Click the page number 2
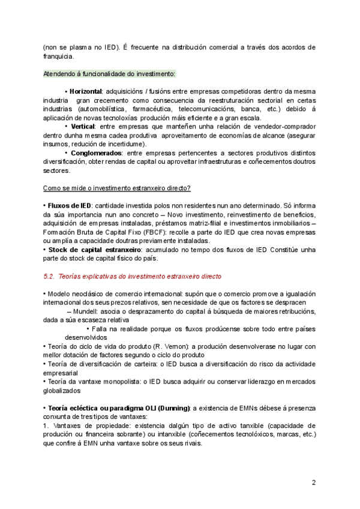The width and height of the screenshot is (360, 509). click(314, 482)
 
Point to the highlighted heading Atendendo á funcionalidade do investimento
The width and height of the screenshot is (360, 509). click(109, 74)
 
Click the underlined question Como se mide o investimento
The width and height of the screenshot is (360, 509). click(117, 188)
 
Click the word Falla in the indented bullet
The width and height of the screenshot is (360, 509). click(102, 328)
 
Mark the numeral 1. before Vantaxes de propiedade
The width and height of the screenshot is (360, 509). click(46, 426)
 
